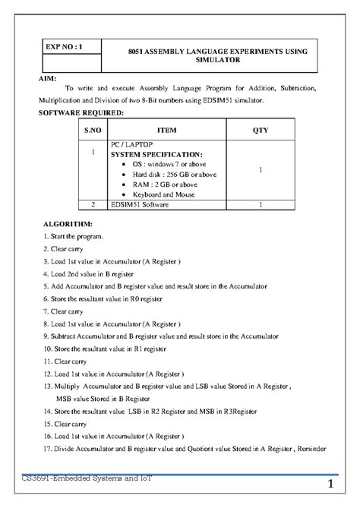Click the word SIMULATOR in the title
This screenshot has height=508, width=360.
tap(215, 58)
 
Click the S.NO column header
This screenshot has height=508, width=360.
tap(92, 129)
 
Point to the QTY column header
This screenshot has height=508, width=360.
tap(261, 129)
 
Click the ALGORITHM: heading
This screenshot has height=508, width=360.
tap(68, 226)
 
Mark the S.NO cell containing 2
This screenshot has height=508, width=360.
tap(92, 205)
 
